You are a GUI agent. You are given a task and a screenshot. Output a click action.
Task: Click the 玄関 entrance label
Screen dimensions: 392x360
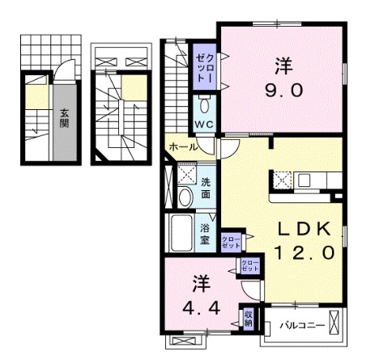[64, 118]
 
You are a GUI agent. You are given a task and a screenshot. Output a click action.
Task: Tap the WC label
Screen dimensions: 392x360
[204, 125]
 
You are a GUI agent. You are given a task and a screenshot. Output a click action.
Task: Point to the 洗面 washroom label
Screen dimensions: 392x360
[206, 188]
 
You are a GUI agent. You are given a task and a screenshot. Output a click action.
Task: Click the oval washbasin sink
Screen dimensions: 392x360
[185, 197]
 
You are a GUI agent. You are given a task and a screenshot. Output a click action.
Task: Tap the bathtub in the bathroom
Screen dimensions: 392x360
[181, 232]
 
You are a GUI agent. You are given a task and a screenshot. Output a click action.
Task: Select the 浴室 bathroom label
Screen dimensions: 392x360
[205, 234]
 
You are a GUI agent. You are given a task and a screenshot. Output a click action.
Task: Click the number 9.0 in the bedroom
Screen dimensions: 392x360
[283, 90]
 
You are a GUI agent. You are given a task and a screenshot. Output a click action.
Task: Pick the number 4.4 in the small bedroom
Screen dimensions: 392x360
[201, 307]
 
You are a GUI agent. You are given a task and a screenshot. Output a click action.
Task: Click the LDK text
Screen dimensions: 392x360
[305, 230]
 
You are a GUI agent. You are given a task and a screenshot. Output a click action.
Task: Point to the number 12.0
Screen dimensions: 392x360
[305, 253]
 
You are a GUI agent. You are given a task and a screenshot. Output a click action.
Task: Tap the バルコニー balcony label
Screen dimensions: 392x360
[302, 325]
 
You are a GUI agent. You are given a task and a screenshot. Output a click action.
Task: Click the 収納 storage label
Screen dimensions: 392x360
[249, 319]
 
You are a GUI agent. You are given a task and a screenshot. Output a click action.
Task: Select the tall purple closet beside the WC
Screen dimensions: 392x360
[204, 67]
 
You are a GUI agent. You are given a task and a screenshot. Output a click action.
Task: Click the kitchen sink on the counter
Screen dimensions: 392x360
[304, 180]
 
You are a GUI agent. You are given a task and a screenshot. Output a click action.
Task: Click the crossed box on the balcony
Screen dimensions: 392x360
[334, 322]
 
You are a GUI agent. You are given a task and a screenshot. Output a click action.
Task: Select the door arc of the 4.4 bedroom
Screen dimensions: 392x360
[250, 292]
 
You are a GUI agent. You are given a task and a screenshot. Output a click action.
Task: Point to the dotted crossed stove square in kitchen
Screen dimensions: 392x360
[282, 180]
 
